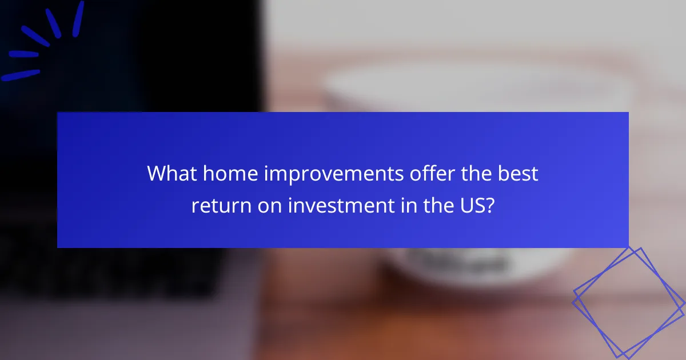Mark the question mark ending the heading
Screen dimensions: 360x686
(489, 206)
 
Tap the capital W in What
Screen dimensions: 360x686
(157, 174)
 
